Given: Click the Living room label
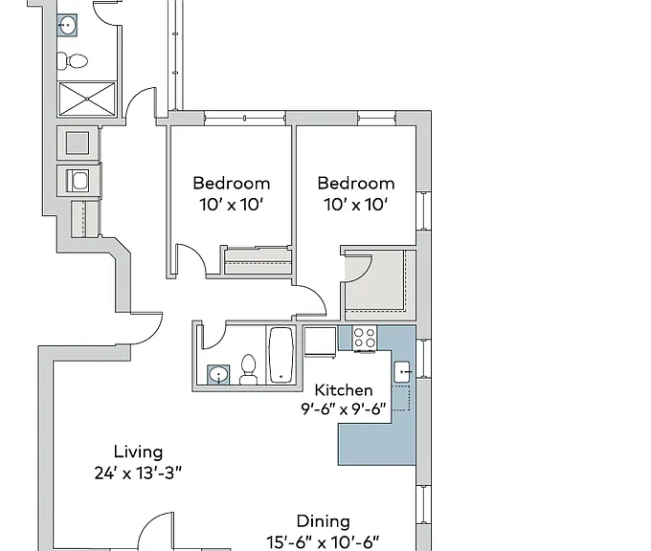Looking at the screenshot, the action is coord(138,452).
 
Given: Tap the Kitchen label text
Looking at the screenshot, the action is coord(344,390).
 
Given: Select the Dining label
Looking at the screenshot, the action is coord(324,521).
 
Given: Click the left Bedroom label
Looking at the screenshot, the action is coord(232,183).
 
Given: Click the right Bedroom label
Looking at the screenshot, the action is coord(356,183).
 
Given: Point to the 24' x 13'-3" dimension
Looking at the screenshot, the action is coord(138,473).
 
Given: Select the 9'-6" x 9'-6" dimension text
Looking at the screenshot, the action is coord(344,409).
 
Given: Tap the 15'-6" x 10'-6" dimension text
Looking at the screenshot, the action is coord(323,541).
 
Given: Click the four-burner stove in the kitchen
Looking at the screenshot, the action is coord(365,338).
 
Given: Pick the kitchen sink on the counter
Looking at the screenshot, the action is coord(402,372).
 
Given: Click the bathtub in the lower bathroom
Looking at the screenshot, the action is coord(281,355).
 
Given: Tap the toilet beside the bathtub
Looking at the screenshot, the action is coord(248,369).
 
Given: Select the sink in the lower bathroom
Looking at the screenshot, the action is coord(218,375).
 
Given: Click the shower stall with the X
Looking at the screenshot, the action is coord(87,99).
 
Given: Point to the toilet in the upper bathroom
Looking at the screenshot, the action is coord(73,61).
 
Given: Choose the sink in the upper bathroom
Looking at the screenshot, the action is coord(67,25).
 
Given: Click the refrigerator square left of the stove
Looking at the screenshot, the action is coord(320,342).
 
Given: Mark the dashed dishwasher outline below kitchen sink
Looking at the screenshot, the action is coord(401,399).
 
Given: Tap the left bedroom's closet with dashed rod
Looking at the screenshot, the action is coord(258,261).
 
